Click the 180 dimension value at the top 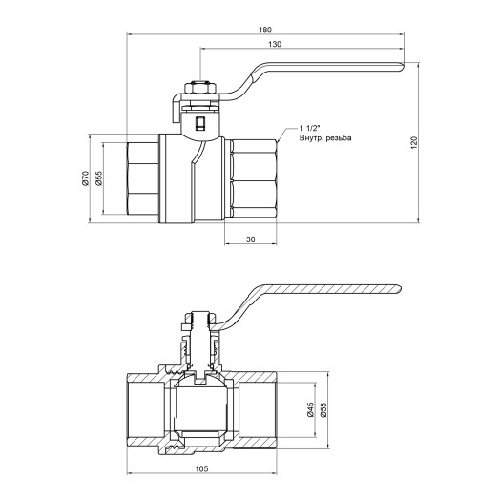[x=264, y=28]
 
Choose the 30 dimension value [x=251, y=239]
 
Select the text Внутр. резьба [x=325, y=140]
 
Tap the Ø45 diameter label [x=310, y=410]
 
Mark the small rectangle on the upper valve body [x=198, y=124]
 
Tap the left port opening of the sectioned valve [x=138, y=410]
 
